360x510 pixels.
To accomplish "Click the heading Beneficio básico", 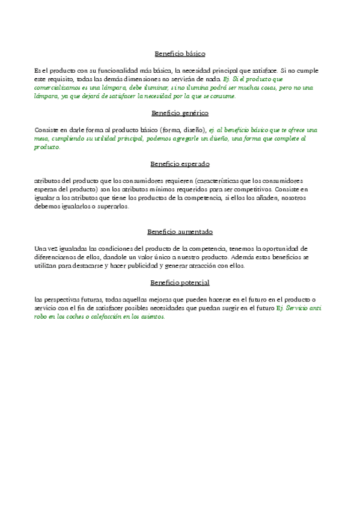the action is [180, 54].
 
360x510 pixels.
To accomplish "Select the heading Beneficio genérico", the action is [180, 112].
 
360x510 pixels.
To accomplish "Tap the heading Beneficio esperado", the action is [180, 164].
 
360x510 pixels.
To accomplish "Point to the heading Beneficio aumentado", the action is [180, 232].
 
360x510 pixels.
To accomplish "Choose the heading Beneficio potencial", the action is [180, 282].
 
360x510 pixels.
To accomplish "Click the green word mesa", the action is [42, 138].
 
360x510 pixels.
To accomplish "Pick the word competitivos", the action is [252, 189].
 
